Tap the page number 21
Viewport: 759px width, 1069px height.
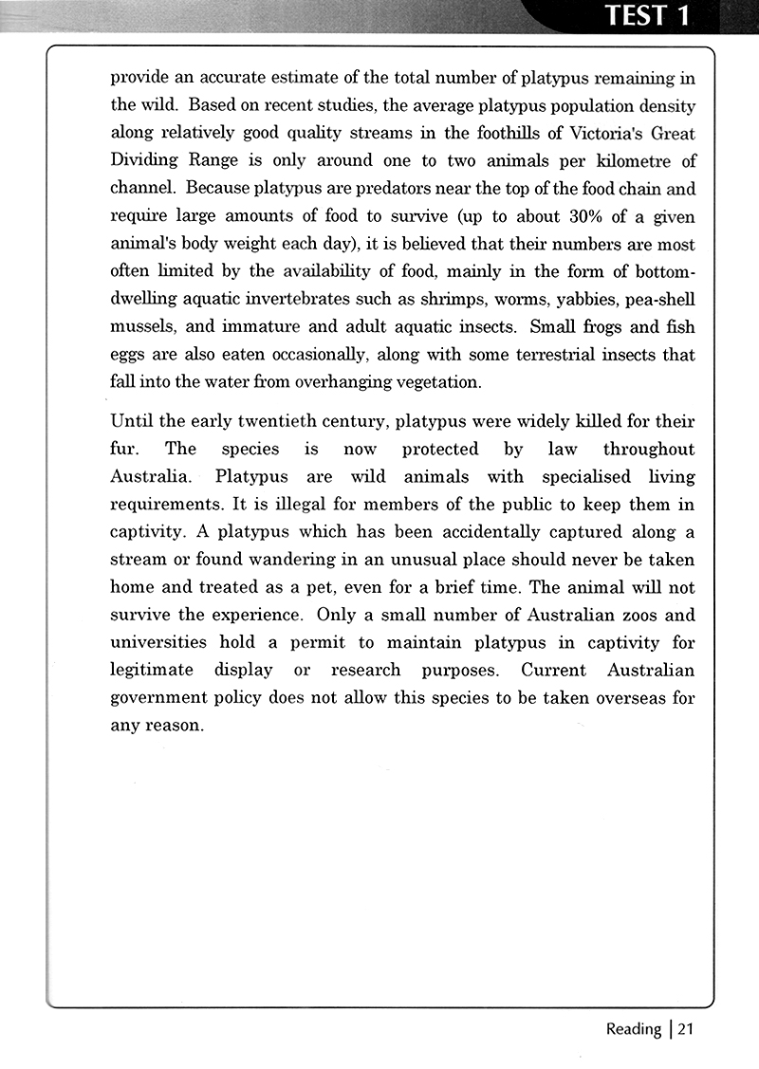click(x=688, y=1028)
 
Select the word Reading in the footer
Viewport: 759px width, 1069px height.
click(x=634, y=1028)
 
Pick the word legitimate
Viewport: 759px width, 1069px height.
click(x=152, y=671)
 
